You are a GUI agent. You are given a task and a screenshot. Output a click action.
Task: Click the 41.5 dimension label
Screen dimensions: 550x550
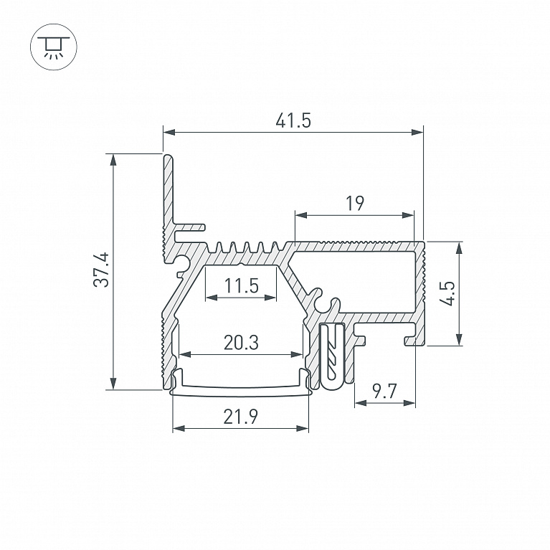click(293, 120)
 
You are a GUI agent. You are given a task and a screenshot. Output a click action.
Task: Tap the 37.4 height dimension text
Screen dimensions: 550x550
click(102, 270)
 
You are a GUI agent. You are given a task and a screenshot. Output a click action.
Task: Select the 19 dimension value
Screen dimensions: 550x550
click(355, 203)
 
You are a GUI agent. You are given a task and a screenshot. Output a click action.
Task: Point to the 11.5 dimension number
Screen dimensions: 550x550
click(242, 285)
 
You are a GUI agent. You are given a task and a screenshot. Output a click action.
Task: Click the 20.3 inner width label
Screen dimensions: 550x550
click(242, 343)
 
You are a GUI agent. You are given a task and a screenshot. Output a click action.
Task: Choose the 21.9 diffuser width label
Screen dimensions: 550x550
click(241, 417)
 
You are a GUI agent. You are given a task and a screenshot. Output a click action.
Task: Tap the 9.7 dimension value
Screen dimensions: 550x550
click(384, 391)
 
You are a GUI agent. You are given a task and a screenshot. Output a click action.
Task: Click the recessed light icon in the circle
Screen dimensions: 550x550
click(54, 47)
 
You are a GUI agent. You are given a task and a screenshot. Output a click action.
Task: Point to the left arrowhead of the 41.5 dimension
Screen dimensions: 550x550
click(169, 132)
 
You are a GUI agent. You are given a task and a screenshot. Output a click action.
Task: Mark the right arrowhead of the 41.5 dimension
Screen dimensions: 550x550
click(417, 132)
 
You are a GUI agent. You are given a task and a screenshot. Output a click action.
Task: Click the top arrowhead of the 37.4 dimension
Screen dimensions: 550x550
click(113, 160)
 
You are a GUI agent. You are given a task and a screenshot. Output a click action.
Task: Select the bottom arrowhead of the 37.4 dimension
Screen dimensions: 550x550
click(113, 384)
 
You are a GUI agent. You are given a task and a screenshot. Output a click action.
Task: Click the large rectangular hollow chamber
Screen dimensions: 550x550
click(354, 279)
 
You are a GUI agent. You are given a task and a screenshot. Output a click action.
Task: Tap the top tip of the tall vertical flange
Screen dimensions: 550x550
click(169, 155)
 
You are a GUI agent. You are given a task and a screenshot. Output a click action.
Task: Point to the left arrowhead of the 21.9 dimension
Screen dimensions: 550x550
click(179, 428)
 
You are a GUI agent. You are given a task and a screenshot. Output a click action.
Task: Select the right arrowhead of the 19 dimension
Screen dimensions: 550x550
click(408, 215)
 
